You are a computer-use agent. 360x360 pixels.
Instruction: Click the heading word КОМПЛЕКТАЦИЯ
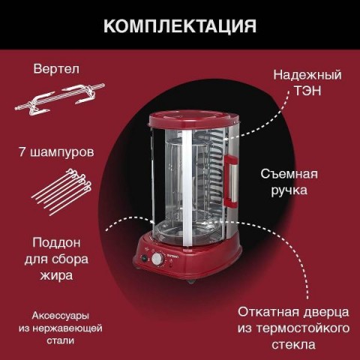[180, 25]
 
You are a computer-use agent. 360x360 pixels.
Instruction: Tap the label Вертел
[56, 69]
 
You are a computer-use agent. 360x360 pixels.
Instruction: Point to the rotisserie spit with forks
[59, 100]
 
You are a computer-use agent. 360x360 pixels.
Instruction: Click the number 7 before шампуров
[22, 151]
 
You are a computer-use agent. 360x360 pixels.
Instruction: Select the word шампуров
[62, 153]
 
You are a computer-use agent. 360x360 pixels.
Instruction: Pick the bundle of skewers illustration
[62, 192]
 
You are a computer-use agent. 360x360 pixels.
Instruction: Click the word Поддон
[56, 243]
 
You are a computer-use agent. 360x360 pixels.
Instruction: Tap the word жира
[57, 276]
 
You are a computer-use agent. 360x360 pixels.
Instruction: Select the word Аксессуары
[61, 316]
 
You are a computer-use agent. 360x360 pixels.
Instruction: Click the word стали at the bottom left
[61, 340]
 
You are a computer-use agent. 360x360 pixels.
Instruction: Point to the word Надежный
[307, 75]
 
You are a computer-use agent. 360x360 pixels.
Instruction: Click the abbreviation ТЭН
[307, 91]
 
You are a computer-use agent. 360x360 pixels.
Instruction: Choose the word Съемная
[289, 174]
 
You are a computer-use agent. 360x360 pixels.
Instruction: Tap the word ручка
[289, 190]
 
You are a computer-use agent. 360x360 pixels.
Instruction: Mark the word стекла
[293, 345]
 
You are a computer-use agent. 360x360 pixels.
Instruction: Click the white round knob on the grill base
[157, 259]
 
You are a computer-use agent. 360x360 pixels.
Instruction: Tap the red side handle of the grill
[231, 181]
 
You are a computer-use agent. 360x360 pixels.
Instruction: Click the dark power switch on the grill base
[144, 258]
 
